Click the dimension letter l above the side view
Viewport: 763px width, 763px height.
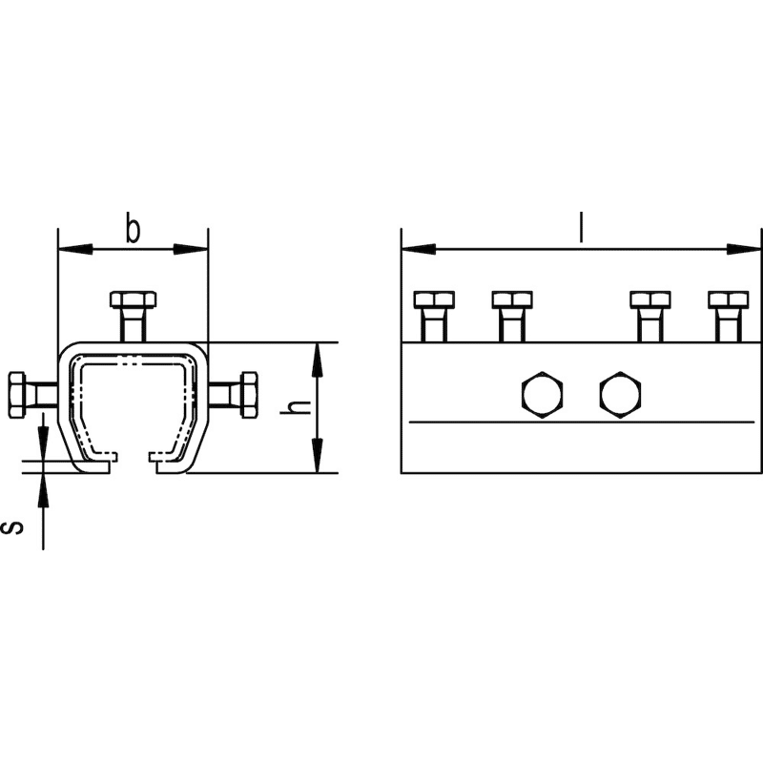[x=581, y=227]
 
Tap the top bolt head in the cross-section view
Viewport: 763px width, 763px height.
[x=134, y=299]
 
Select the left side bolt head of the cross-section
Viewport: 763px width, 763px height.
[x=17, y=395]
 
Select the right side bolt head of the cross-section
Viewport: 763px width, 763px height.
[x=250, y=395]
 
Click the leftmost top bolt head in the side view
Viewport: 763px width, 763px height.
[x=434, y=299]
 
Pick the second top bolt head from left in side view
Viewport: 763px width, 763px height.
[x=512, y=299]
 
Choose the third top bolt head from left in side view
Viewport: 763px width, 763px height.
[x=650, y=299]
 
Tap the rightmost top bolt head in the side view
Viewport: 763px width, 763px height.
[x=729, y=299]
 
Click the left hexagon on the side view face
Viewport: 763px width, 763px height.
[x=542, y=395]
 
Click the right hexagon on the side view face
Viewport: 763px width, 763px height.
[x=621, y=395]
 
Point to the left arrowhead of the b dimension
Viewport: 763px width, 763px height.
[x=75, y=249]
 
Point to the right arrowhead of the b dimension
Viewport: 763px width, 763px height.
[x=191, y=249]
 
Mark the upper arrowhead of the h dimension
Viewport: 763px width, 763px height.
[x=318, y=361]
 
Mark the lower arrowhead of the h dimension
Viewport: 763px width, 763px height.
[x=318, y=455]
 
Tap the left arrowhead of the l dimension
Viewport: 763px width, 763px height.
[x=419, y=249]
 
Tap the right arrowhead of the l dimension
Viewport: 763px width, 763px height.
[x=744, y=249]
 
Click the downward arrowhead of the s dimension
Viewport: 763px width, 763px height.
[x=43, y=443]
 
